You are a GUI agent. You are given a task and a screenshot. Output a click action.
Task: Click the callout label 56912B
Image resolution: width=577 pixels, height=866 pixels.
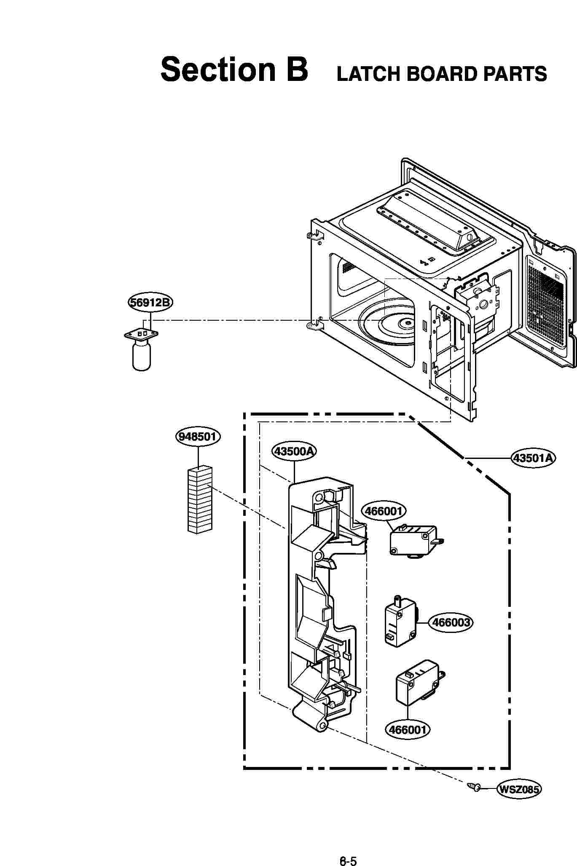[150, 303]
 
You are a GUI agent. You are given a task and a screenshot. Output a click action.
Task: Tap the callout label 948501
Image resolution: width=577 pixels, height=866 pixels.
[198, 436]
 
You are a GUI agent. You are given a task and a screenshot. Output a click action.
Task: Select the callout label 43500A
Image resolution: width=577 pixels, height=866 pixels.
[294, 451]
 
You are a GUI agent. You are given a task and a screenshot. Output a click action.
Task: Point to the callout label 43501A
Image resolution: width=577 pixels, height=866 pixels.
[533, 457]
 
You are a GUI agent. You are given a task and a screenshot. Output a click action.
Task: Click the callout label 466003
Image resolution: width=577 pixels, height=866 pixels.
[451, 622]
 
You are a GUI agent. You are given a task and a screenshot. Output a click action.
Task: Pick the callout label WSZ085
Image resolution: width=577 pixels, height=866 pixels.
[519, 789]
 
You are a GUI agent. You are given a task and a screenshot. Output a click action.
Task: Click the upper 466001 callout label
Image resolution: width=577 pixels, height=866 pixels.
[384, 511]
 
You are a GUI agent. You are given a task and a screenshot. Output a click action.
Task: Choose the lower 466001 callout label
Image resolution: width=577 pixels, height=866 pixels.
[408, 729]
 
